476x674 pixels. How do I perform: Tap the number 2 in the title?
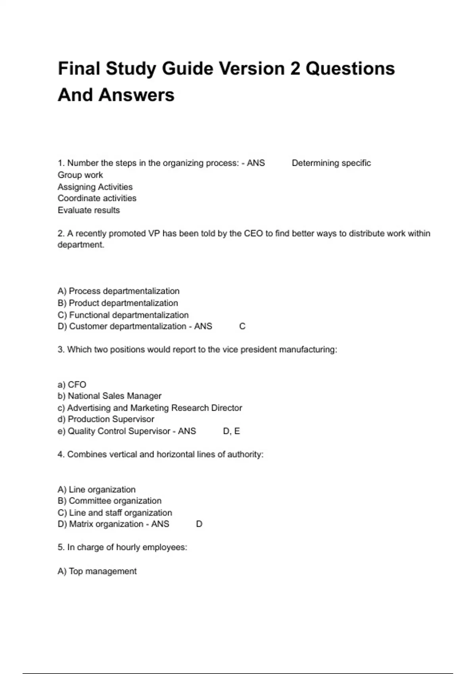pos(295,69)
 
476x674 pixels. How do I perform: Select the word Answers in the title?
pos(136,95)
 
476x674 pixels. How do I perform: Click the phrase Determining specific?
pos(331,163)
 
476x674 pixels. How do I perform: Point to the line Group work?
pos(80,175)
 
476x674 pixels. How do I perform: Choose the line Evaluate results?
pos(88,210)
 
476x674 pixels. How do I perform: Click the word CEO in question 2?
pos(253,234)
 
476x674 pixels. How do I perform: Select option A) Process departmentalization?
pos(118,291)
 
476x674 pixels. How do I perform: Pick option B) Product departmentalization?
pos(117,303)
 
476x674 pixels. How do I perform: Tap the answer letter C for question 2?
pos(242,326)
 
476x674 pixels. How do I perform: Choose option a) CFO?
pos(72,385)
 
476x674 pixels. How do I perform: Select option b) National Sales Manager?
pos(109,396)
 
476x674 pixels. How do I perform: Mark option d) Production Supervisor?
pos(106,419)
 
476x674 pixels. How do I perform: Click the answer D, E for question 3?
pos(231,431)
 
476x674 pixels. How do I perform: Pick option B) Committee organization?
pos(109,501)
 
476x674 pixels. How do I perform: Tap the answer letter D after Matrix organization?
pos(199,524)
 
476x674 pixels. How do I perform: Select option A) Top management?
pos(97,571)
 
